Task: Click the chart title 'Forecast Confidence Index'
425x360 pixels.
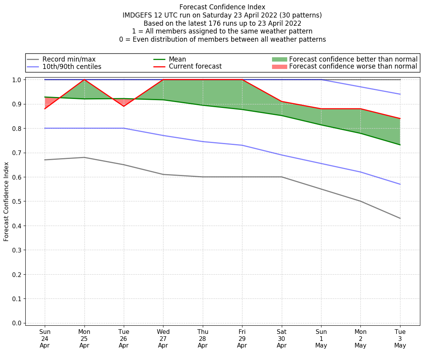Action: coord(222,7)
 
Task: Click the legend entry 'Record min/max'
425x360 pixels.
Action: coord(68,59)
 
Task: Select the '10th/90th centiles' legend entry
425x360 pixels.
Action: coord(72,67)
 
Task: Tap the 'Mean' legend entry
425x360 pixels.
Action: coord(177,59)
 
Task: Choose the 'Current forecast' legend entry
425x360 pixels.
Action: coord(195,67)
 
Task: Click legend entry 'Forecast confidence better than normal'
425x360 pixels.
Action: coord(353,59)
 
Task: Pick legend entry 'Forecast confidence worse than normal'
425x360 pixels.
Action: coord(353,67)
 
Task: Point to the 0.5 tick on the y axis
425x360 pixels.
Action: coord(18,201)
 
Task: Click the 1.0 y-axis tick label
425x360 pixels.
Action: coord(18,80)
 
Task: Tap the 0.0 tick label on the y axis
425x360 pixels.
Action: coord(18,323)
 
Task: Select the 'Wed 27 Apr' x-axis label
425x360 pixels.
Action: coord(163,339)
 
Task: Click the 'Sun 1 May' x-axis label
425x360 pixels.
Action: coord(321,339)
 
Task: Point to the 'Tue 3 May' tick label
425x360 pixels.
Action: coord(400,339)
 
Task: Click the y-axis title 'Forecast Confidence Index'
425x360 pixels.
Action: coord(6,201)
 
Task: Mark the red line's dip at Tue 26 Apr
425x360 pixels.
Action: coord(124,106)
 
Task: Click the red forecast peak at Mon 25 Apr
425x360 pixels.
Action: coord(84,79)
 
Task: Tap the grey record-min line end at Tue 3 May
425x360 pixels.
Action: coord(400,218)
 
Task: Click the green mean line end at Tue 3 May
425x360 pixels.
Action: coord(400,145)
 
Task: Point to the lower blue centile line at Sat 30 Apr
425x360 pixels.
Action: coord(281,155)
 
